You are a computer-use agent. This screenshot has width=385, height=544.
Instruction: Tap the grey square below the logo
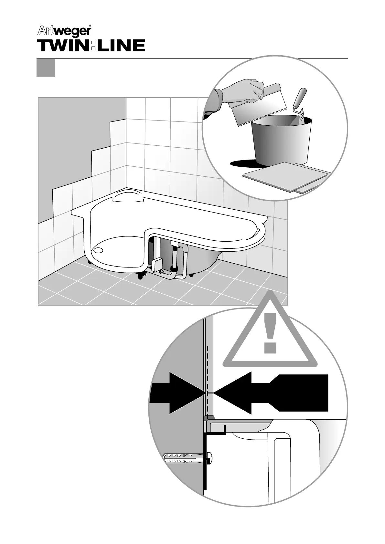pyautogui.click(x=46, y=68)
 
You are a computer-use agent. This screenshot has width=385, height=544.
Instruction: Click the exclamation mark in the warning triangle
pyautogui.click(x=271, y=332)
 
